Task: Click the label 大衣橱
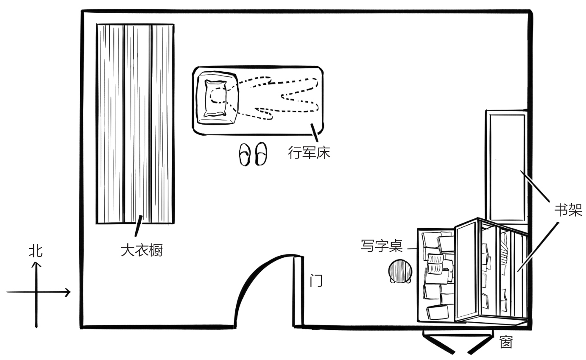coord(142,250)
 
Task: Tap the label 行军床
coord(309,152)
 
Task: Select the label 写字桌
coord(381,246)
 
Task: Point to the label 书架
coord(568,210)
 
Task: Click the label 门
coord(316,280)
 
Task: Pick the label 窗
coord(506,342)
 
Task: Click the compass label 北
coord(36,251)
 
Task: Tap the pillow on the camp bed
coord(215,98)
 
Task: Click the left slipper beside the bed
coord(245,154)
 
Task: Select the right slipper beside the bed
coord(261,153)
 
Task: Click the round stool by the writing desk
coord(399,271)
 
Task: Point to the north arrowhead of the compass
coord(36,264)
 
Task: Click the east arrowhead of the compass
coord(68,292)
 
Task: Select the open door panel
coord(298,291)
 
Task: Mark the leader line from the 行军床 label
coord(314,133)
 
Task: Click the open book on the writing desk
coord(435,263)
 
